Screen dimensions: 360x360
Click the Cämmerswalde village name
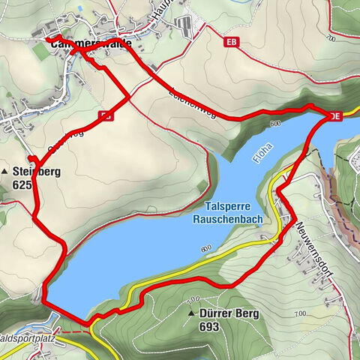[86, 44]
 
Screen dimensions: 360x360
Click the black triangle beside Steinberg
[6, 172]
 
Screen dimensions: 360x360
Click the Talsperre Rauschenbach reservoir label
[236, 214]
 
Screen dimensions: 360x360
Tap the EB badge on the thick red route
[106, 115]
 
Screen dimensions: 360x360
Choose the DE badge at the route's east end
[336, 115]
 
